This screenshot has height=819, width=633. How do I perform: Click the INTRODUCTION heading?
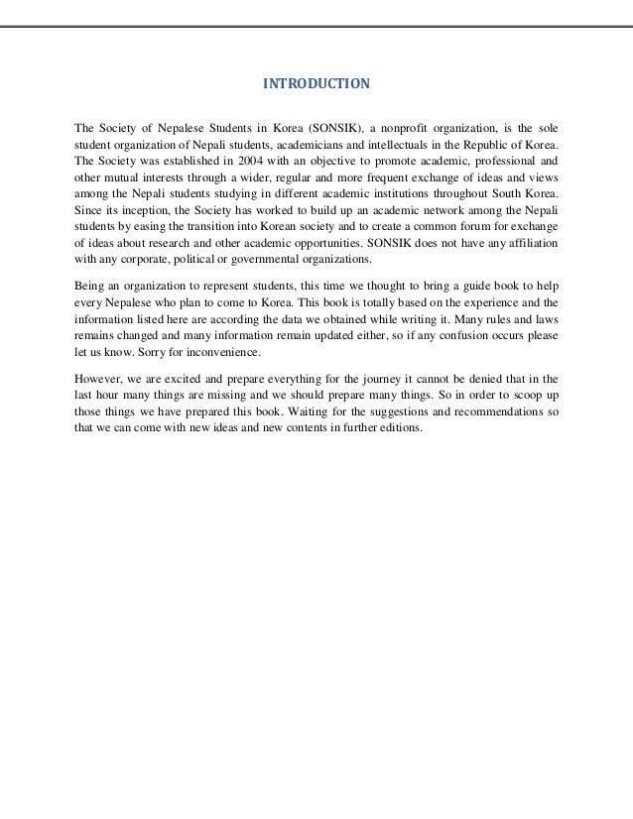[316, 84]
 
